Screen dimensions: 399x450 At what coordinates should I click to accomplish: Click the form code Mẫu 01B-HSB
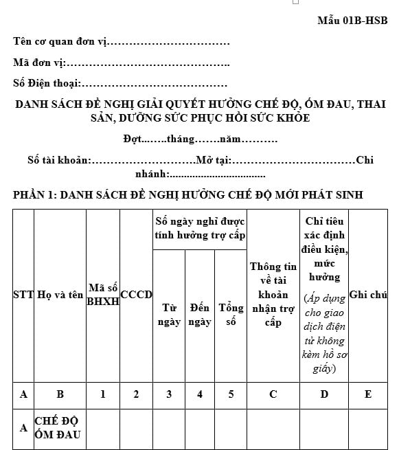(x=352, y=21)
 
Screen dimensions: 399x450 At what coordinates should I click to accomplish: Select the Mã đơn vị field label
(x=38, y=63)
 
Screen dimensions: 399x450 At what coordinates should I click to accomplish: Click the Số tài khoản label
(x=58, y=161)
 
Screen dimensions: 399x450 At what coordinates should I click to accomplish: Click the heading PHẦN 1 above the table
(x=187, y=195)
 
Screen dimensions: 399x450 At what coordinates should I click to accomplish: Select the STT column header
(x=23, y=295)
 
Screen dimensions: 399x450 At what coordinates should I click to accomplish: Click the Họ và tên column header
(x=60, y=295)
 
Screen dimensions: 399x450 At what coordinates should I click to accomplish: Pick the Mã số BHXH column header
(x=102, y=295)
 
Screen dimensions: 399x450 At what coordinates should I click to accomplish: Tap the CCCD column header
(x=136, y=295)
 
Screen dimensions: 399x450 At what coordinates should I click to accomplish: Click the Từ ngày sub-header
(x=169, y=315)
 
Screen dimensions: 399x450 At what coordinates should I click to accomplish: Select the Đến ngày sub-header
(x=200, y=315)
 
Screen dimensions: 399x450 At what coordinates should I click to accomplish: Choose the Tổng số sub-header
(x=231, y=315)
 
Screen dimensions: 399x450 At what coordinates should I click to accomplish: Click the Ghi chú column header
(x=368, y=295)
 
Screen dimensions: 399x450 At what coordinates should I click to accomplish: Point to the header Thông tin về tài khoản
(x=273, y=295)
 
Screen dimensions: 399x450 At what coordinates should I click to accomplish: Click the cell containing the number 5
(x=231, y=394)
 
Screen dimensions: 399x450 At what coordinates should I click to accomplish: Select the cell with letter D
(x=324, y=394)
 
